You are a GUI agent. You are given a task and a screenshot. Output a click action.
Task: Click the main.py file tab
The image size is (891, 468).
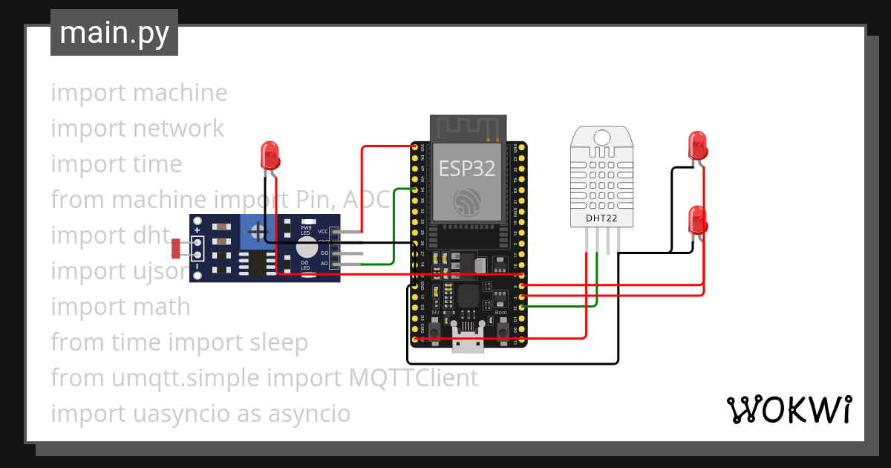tap(114, 33)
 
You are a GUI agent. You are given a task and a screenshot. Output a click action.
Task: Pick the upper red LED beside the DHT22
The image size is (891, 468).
tap(697, 145)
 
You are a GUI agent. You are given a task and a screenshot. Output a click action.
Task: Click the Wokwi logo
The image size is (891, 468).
tap(789, 409)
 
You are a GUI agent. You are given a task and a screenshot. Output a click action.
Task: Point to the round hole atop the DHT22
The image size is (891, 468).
tap(602, 137)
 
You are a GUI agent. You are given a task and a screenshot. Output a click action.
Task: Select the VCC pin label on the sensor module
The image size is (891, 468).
tap(323, 232)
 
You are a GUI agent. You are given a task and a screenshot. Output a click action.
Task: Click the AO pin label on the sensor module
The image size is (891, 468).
tap(324, 264)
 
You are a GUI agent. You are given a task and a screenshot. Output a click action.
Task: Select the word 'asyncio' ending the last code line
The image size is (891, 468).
tap(306, 414)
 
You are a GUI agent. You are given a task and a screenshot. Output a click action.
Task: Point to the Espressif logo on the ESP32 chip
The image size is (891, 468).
tap(468, 201)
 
